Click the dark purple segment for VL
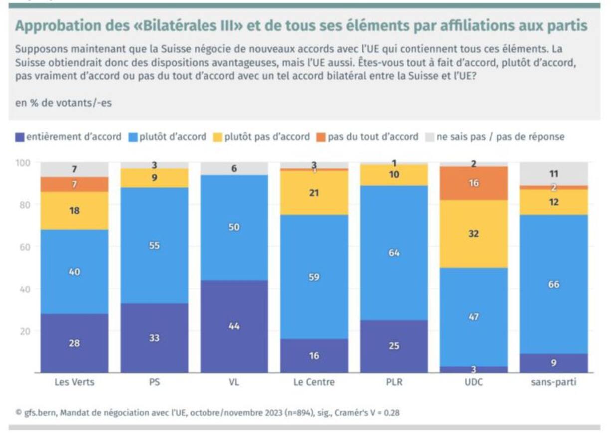pos(234,326)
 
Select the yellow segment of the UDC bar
pos(473,234)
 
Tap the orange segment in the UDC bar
pos(473,183)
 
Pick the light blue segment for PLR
pos(394,253)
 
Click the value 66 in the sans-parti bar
pos(553,284)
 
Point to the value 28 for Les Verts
pos(74,343)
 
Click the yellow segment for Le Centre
pos(314,193)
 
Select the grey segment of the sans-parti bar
pos(553,174)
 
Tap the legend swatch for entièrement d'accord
pos(19,137)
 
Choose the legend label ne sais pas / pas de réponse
pos(500,137)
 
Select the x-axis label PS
pos(154,383)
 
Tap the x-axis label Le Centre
pos(314,383)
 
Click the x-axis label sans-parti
pos(553,383)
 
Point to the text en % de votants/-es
pos(63,103)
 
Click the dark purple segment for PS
pos(154,338)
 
